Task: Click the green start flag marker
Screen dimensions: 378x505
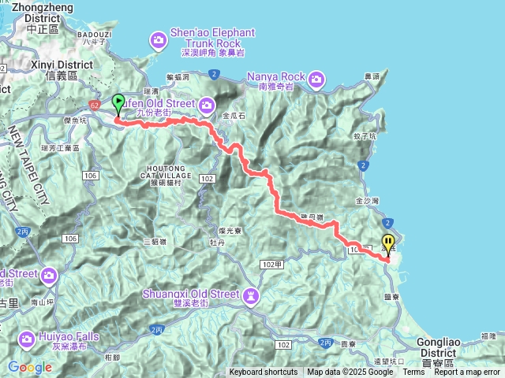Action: (119, 102)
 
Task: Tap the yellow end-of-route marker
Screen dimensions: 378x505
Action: (387, 243)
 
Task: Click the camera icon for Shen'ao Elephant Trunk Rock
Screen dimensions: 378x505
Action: (159, 39)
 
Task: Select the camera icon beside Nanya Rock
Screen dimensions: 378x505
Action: (316, 78)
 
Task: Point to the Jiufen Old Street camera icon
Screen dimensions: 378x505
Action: (207, 105)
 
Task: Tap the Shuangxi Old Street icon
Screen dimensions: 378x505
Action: (251, 295)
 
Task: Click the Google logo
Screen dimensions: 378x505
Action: (30, 367)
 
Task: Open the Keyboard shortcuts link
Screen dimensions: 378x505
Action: (264, 372)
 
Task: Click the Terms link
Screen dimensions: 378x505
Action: (413, 372)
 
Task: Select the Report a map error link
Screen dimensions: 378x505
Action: (467, 372)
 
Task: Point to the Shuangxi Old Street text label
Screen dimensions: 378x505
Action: (190, 294)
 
